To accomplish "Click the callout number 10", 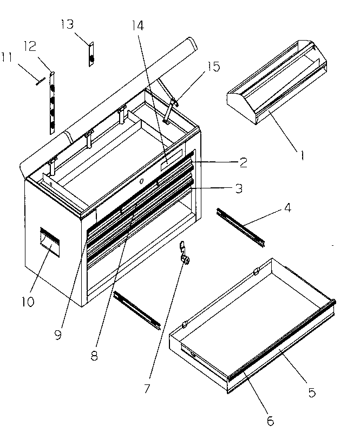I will tap(28, 300).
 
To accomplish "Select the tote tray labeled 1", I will tap(276, 81).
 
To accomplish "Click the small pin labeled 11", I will tap(39, 81).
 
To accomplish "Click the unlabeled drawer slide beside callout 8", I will tap(138, 310).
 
